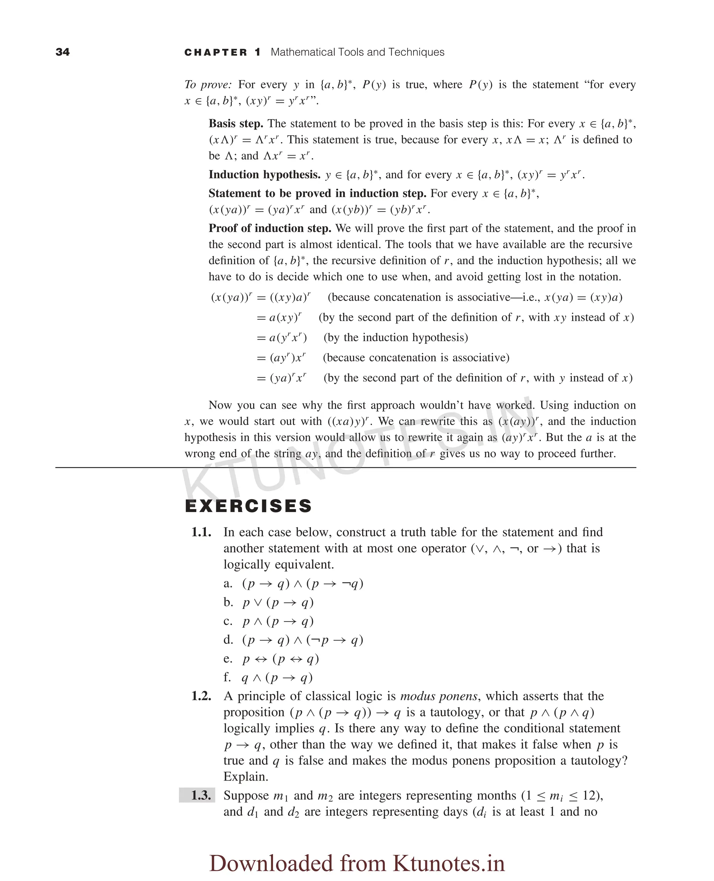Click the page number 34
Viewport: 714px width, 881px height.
point(62,52)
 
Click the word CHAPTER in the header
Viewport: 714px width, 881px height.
point(216,53)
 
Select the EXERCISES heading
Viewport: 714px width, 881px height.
point(249,506)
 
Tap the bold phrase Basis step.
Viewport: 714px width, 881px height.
point(236,124)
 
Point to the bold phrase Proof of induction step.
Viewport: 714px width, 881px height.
point(270,229)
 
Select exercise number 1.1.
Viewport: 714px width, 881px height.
point(201,532)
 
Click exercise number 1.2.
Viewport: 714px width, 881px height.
point(201,696)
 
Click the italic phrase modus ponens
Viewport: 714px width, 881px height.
point(439,696)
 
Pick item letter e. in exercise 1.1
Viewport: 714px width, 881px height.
point(228,659)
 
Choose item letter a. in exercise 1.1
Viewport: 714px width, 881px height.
point(228,584)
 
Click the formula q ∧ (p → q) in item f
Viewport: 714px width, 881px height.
point(277,678)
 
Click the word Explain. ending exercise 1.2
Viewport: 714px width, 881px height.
point(245,776)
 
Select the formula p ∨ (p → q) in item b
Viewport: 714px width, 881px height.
point(278,602)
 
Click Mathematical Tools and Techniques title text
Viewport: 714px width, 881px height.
point(357,52)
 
